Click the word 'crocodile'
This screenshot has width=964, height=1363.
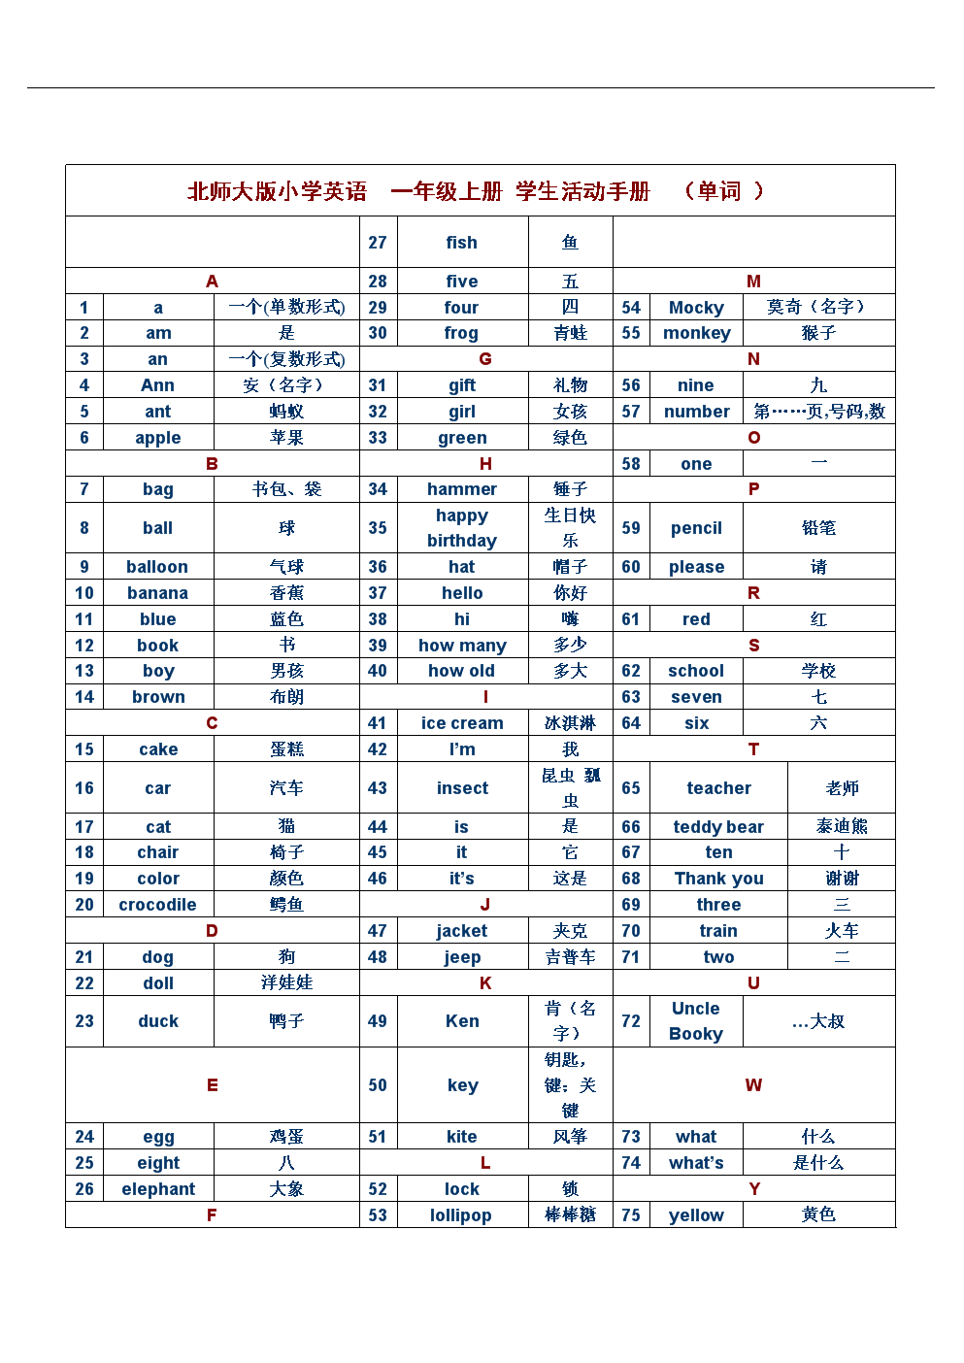157,905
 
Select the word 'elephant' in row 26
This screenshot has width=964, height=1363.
158,1189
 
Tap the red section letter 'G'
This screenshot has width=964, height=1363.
485,359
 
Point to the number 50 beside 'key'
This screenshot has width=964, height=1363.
378,1085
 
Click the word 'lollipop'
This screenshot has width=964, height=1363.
461,1215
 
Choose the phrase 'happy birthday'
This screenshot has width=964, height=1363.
462,528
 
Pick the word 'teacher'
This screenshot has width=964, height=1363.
718,788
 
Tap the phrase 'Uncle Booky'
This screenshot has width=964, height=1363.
696,1021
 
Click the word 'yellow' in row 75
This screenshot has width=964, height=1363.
696,1215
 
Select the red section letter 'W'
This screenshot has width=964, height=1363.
753,1085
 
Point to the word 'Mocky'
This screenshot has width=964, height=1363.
696,308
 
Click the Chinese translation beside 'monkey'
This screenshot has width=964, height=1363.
818,333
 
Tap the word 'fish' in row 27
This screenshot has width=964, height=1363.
462,243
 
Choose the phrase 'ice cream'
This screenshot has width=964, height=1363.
462,723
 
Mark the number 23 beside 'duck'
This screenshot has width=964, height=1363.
84,1021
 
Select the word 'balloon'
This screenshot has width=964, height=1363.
157,567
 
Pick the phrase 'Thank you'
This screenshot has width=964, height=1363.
718,879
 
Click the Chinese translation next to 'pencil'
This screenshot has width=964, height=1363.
818,528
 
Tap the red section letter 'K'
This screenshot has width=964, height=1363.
485,983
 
